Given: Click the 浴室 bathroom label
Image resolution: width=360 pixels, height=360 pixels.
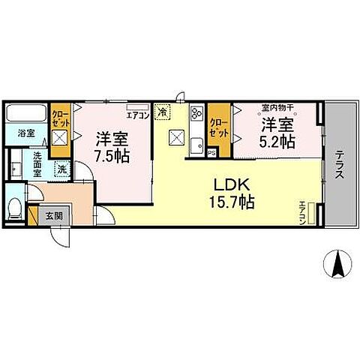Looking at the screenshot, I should tap(26, 136).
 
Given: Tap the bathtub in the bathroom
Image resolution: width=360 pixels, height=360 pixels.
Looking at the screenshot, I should tap(26, 117).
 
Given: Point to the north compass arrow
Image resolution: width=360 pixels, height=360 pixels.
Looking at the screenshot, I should tap(337, 265).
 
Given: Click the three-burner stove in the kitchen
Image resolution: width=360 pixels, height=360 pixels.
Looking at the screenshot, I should tap(196, 114).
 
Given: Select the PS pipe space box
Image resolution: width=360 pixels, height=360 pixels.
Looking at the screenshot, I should tap(212, 153).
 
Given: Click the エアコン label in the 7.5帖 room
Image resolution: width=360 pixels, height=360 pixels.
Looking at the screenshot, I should tap(137, 115).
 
